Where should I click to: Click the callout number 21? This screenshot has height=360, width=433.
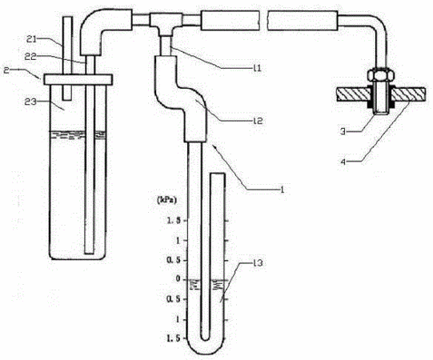pos(31,40)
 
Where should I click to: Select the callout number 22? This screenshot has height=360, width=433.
pos(30,57)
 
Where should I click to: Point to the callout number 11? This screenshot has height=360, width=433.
pos(257,68)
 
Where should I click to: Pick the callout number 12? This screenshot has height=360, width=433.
pos(258,121)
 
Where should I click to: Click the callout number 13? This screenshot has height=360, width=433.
pos(258,263)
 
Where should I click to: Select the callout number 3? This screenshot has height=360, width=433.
pos(343,132)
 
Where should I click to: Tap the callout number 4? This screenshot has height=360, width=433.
pos(343,162)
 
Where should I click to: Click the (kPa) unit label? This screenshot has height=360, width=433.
pos(166,200)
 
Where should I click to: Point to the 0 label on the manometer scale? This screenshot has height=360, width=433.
pos(178,280)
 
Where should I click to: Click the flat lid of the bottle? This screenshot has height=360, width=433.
pos(78,79)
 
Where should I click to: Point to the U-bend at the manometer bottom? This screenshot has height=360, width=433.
pos(206,345)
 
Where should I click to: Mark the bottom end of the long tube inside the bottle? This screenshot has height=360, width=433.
pos(89,253)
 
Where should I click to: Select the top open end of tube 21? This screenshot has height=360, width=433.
pos(67,17)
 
